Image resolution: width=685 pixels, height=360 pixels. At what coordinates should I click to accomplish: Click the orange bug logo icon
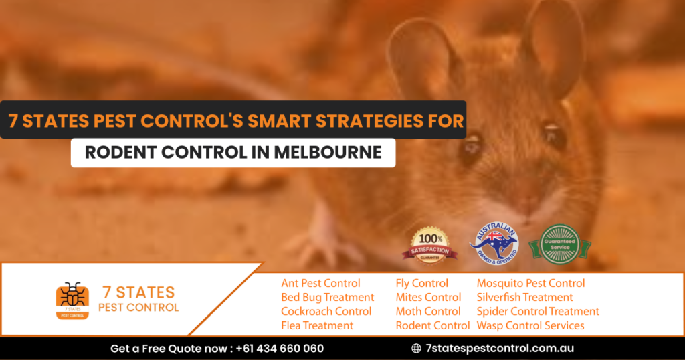(x=72, y=299)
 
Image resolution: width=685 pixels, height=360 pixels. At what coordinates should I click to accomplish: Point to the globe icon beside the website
(x=416, y=348)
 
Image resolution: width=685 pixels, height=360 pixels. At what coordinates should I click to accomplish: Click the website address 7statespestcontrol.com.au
(x=500, y=348)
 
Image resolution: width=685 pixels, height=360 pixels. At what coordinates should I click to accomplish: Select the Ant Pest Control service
(x=320, y=283)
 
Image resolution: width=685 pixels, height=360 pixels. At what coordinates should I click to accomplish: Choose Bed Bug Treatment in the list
(x=327, y=297)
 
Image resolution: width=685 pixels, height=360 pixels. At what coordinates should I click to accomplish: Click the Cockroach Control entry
(x=326, y=311)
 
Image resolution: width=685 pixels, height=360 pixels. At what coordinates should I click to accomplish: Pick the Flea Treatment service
(x=316, y=325)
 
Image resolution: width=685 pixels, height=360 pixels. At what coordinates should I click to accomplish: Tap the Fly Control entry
(x=421, y=283)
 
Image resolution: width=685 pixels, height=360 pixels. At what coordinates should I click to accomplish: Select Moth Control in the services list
(x=427, y=311)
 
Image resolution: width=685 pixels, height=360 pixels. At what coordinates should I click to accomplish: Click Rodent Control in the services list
(x=432, y=325)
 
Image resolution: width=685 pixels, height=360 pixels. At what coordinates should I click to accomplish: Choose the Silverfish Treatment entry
(x=524, y=297)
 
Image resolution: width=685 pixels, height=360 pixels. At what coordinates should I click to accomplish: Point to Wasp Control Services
(x=530, y=325)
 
